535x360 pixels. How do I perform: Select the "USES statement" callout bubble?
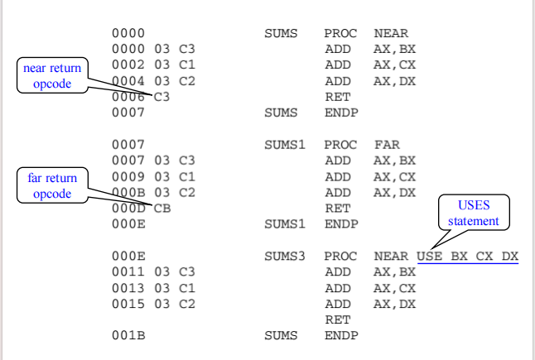point(474,214)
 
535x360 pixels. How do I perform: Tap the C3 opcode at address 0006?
point(162,96)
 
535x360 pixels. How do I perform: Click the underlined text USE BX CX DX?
point(467,256)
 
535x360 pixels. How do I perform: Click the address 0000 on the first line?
point(128,34)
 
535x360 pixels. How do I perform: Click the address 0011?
point(128,271)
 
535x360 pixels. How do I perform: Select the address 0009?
point(128,176)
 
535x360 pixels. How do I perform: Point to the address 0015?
point(128,304)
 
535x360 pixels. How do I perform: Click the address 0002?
point(128,65)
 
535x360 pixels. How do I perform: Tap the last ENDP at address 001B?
point(340,335)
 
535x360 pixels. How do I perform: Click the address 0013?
point(128,287)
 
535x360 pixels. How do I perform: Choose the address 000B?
point(128,192)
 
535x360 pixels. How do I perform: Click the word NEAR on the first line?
point(390,34)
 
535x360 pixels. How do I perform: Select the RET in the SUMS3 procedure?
point(337,319)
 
